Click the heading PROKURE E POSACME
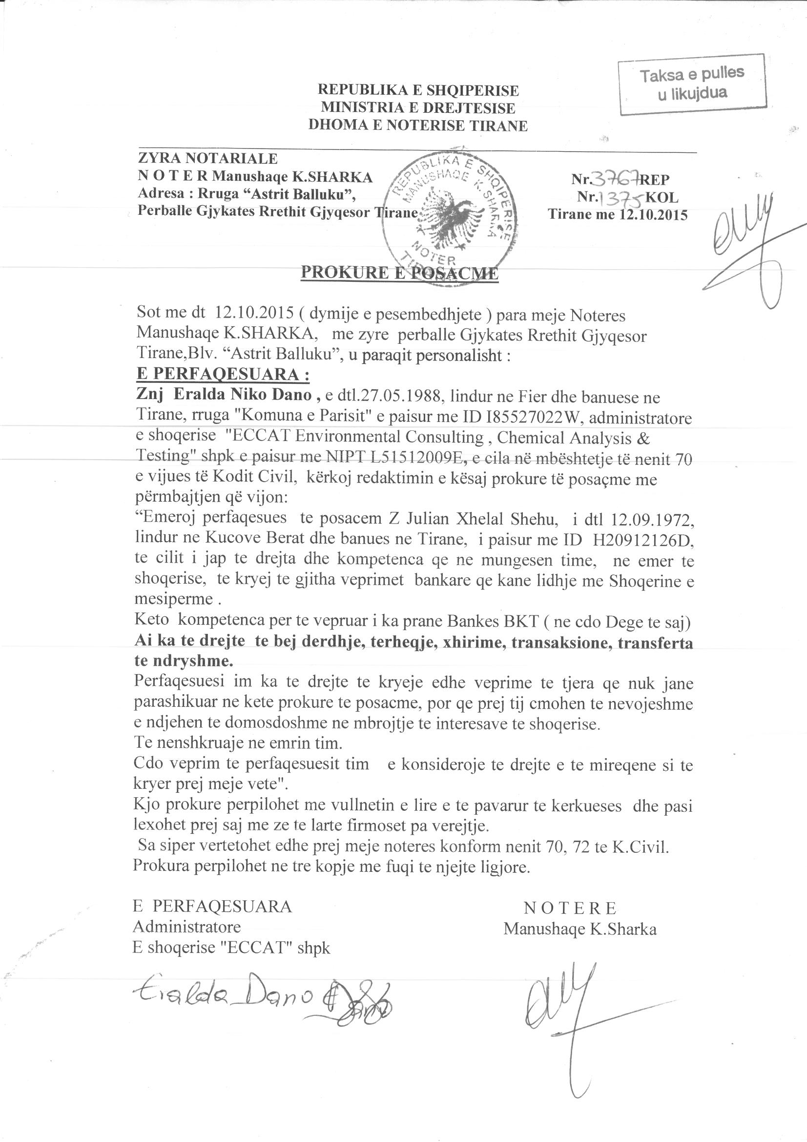[399, 273]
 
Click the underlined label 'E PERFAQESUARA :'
[223, 375]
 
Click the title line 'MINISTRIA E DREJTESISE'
[418, 107]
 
